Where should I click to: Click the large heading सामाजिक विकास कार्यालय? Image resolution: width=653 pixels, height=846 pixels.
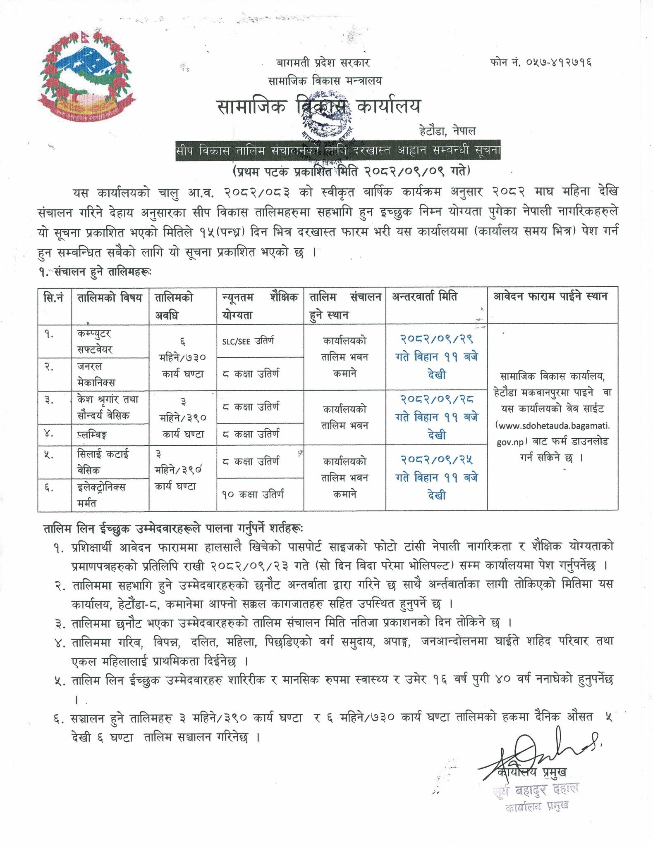tap(318, 107)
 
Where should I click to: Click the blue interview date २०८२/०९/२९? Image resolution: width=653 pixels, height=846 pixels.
tap(436, 340)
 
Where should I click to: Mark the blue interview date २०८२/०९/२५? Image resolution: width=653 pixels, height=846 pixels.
tap(436, 459)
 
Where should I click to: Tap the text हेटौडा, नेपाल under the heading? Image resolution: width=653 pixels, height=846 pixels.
tap(447, 132)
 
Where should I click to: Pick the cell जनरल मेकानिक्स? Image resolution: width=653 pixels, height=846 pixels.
tap(96, 374)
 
